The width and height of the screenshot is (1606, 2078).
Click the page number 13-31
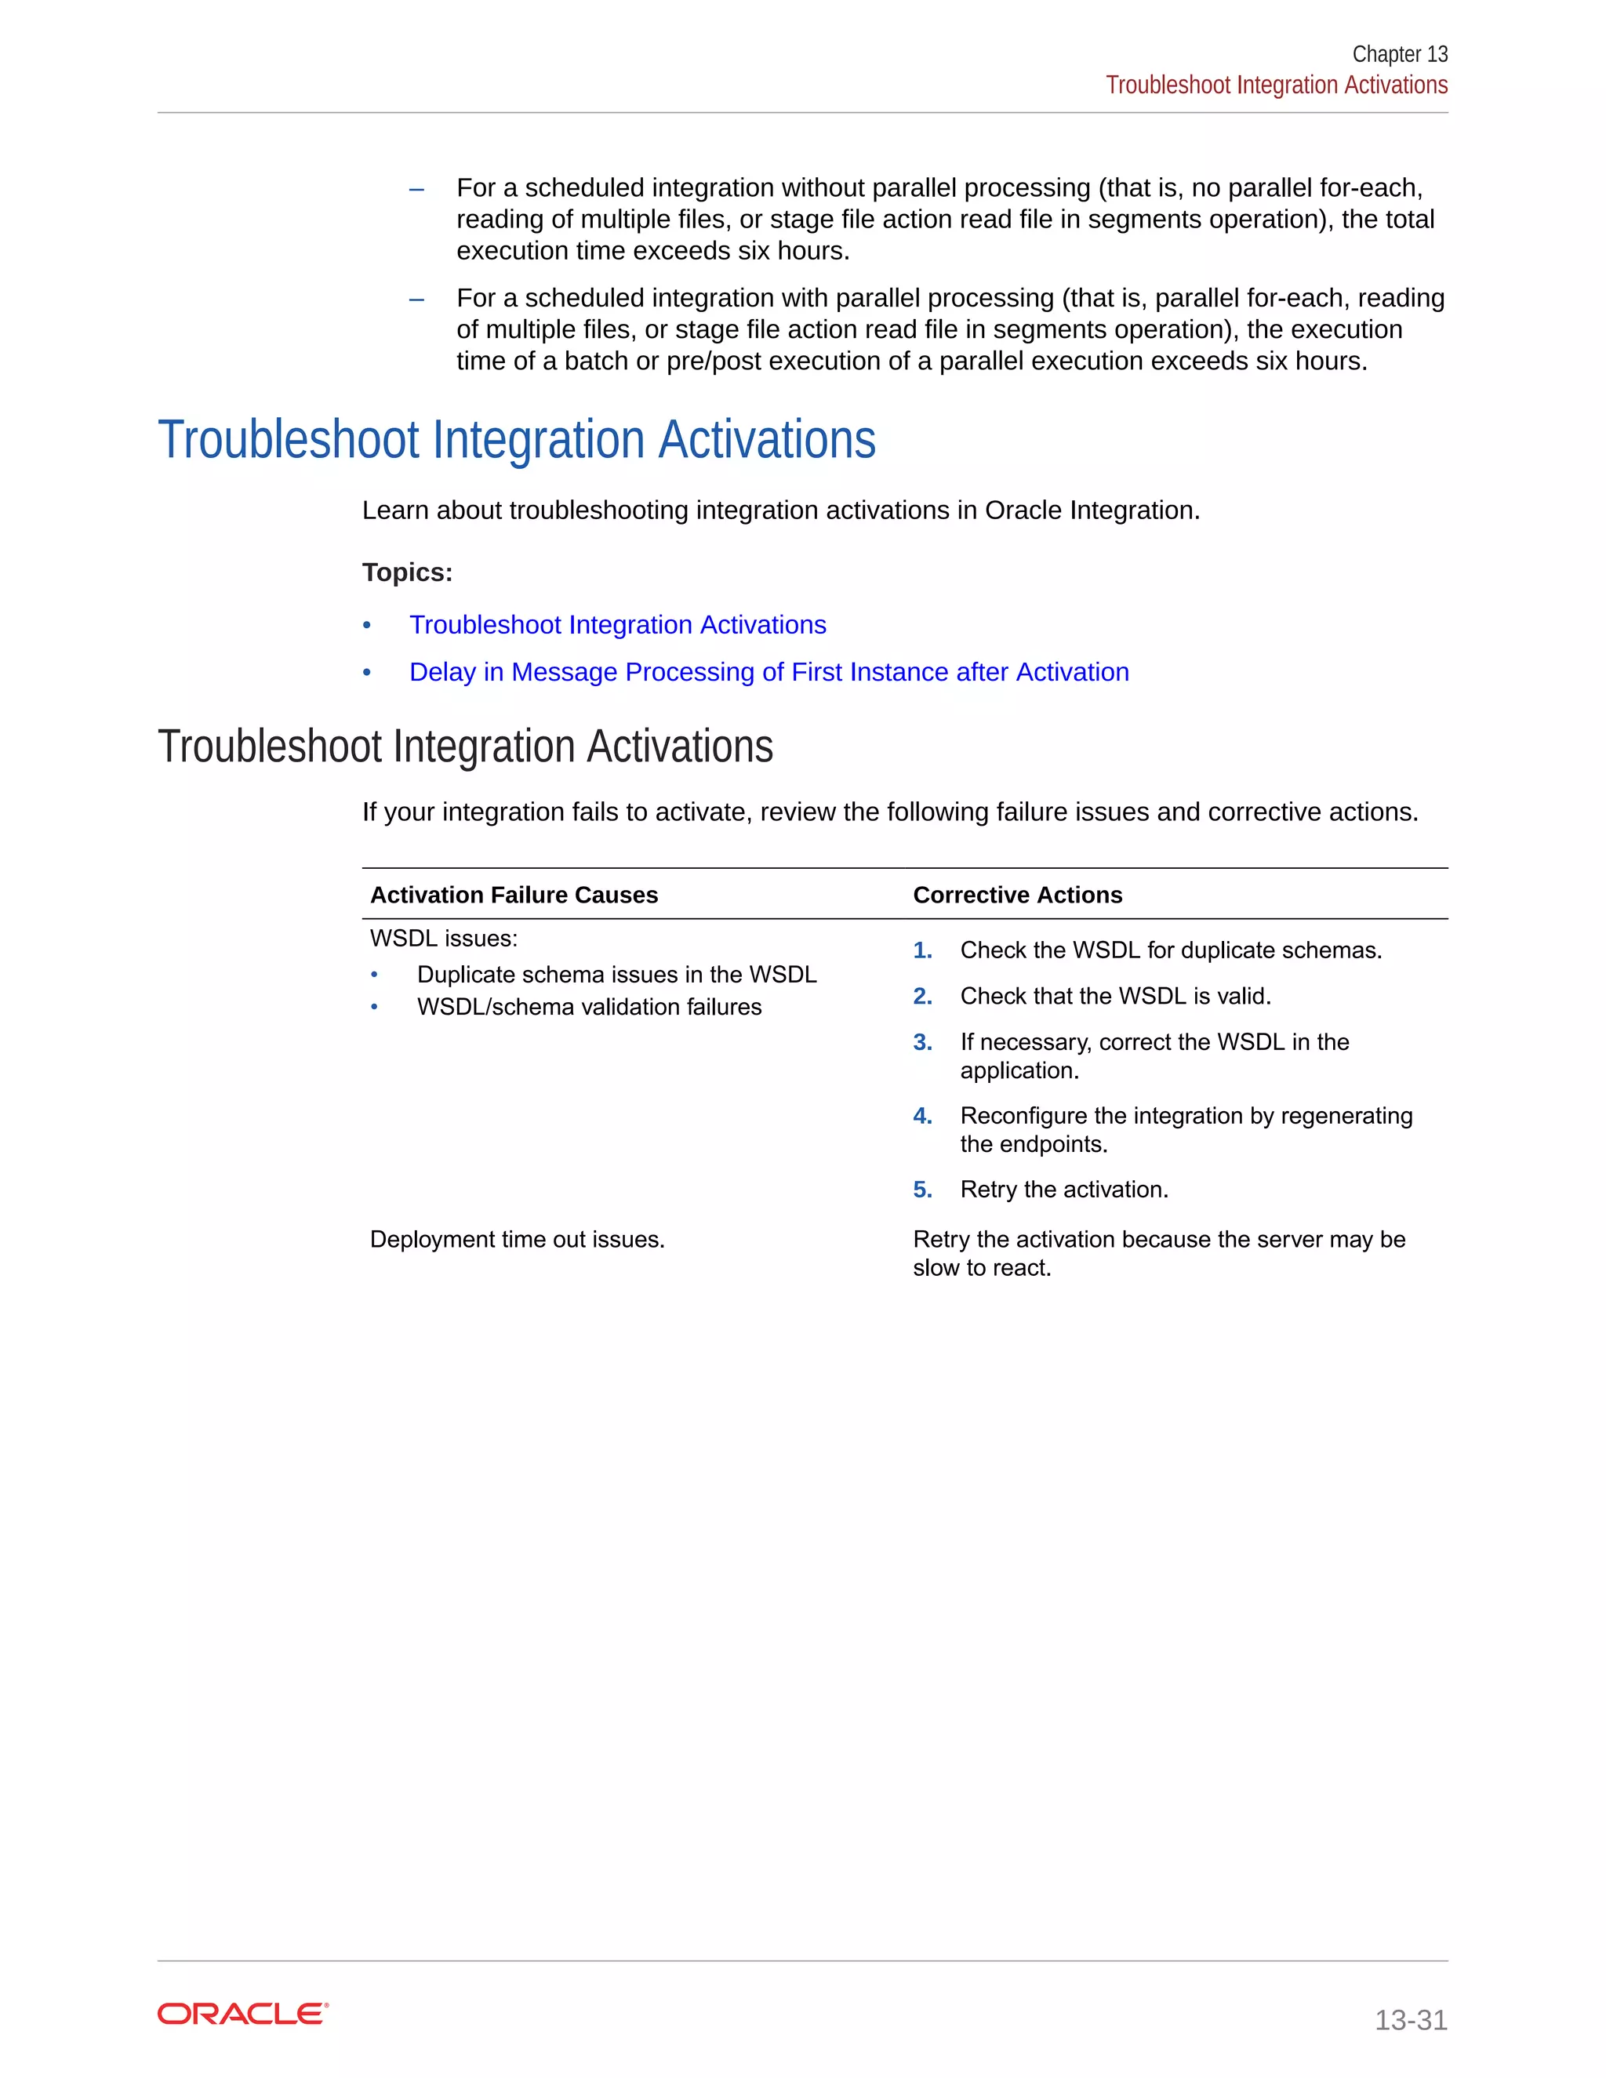(1410, 2019)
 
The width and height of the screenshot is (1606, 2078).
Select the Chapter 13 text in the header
(1400, 54)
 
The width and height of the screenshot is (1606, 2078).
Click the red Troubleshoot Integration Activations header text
(1276, 85)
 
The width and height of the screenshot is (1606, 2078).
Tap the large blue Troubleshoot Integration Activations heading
(516, 440)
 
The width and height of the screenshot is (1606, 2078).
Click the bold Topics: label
(407, 572)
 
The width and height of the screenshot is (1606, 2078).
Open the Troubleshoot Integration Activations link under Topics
(617, 624)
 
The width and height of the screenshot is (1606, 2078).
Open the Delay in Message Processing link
(768, 672)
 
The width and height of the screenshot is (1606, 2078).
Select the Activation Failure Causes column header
(514, 895)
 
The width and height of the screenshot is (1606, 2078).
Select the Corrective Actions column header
(1017, 895)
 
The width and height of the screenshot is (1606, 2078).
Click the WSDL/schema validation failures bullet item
(589, 1007)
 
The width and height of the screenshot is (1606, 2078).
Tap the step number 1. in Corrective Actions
(922, 950)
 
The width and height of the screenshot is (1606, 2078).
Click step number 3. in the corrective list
(922, 1042)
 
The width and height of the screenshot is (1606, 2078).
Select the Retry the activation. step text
(1063, 1190)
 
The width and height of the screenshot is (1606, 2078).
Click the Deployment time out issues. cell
(517, 1239)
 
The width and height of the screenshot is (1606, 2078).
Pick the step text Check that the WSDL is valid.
(1115, 996)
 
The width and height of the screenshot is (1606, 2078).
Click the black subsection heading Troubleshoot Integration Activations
(465, 746)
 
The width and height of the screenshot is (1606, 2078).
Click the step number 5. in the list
(922, 1190)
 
